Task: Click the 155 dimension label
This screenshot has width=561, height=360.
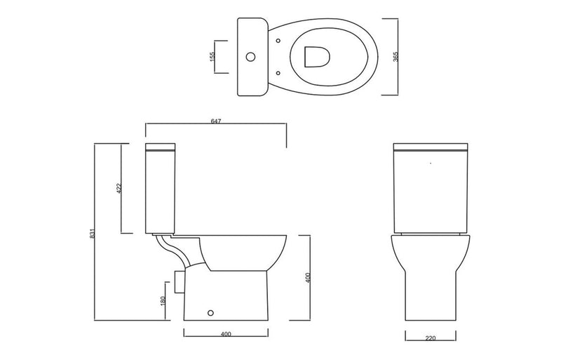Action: pyautogui.click(x=212, y=57)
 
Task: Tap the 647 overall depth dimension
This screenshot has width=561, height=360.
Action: pyautogui.click(x=215, y=122)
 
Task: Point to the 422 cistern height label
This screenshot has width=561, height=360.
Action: pyautogui.click(x=119, y=188)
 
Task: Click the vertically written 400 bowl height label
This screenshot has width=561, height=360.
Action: pyautogui.click(x=307, y=277)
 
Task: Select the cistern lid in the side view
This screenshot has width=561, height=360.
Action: pyautogui.click(x=161, y=147)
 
